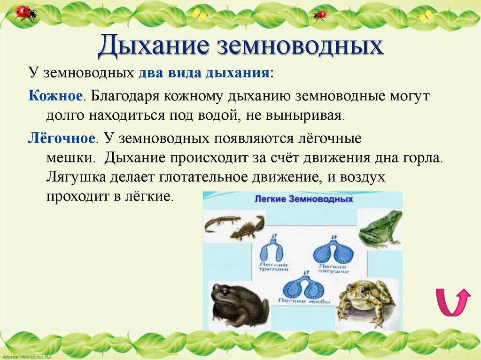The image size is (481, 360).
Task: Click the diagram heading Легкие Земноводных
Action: [x=303, y=199]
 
